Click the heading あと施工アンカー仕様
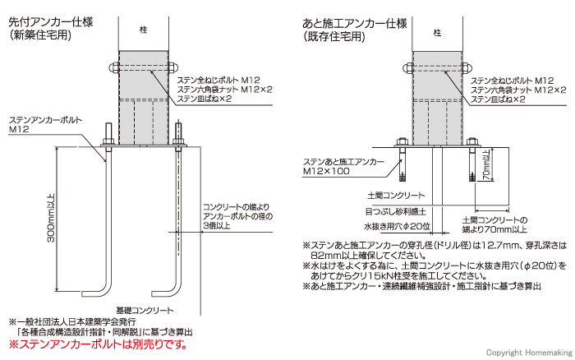[x=356, y=23]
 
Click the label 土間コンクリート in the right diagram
[x=394, y=196]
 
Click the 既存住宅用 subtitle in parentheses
[x=335, y=37]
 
